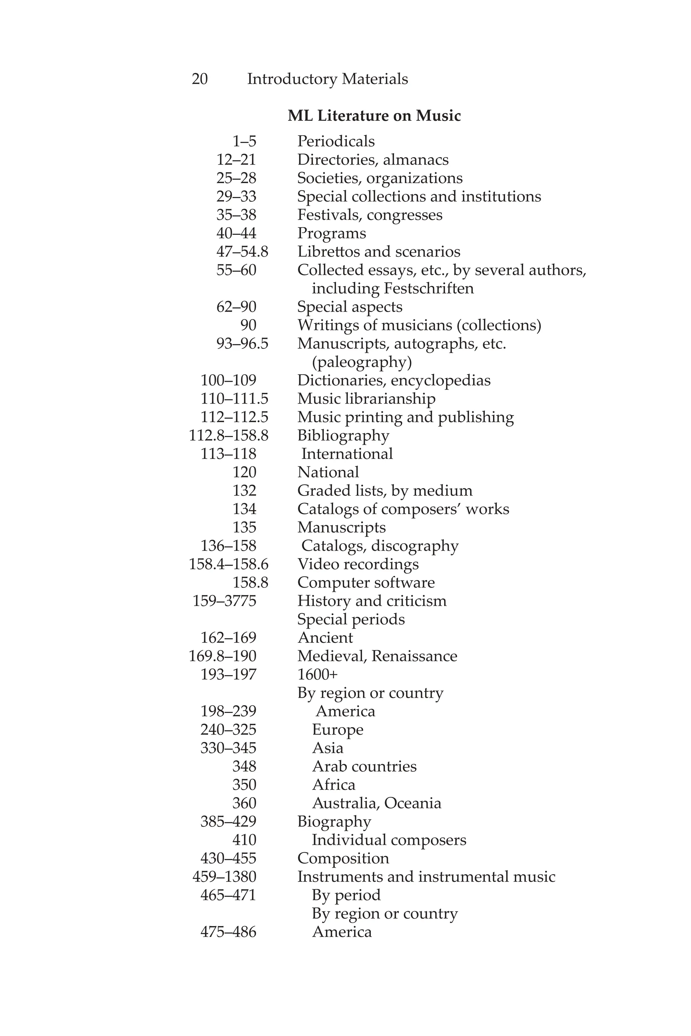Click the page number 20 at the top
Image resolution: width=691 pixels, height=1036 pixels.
[x=200, y=79]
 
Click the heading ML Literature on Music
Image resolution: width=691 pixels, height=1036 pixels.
[x=374, y=116]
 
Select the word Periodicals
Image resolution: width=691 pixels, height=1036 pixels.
[x=336, y=141]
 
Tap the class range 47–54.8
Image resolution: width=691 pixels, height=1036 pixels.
[x=242, y=252]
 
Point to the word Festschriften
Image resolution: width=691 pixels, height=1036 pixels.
[x=429, y=289]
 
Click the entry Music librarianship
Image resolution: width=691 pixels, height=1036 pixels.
[x=366, y=399]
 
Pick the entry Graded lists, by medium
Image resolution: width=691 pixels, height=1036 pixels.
[x=385, y=490]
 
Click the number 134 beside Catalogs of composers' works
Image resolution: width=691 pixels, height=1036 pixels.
[x=244, y=509]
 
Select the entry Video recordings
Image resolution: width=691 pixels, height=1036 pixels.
[x=358, y=564]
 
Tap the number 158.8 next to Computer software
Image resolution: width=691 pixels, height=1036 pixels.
[x=250, y=582]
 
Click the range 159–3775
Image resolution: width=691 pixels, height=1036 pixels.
[x=224, y=601]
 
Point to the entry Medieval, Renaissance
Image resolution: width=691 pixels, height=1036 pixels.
[x=377, y=656]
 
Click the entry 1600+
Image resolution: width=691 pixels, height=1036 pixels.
[x=317, y=674]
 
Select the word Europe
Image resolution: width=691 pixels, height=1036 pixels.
[x=337, y=729]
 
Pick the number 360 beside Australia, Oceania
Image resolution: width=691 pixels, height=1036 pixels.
[x=244, y=803]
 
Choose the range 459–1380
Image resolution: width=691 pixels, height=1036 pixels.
[x=224, y=876]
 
